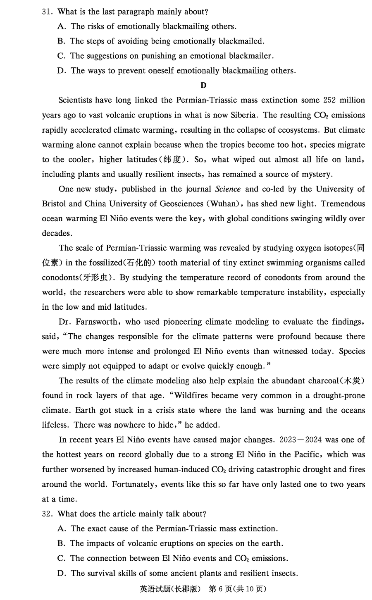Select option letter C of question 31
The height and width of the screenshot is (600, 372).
point(62,56)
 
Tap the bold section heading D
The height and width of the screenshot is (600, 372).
point(203,86)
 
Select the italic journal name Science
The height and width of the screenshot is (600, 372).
point(228,189)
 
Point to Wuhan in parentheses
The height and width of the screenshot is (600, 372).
point(220,204)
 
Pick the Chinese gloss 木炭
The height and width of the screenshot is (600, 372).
point(353,381)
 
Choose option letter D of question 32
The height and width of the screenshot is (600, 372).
point(62,573)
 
